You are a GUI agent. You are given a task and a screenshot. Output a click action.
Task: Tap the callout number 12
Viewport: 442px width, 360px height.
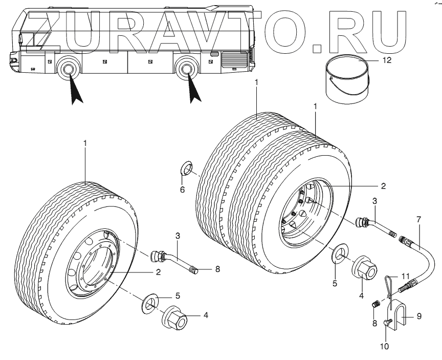[x=387, y=59]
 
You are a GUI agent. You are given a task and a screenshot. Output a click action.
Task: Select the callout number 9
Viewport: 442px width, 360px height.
[x=418, y=316]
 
